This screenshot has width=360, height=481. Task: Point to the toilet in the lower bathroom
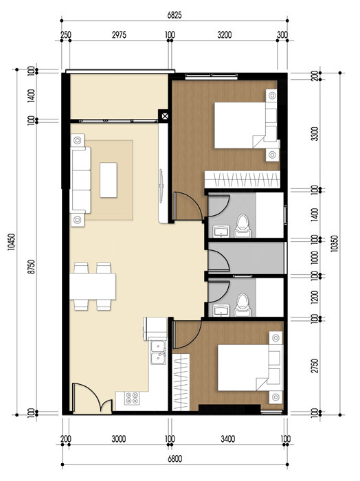241,303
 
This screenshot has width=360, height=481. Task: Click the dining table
93,285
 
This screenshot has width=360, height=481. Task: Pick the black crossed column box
165,116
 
